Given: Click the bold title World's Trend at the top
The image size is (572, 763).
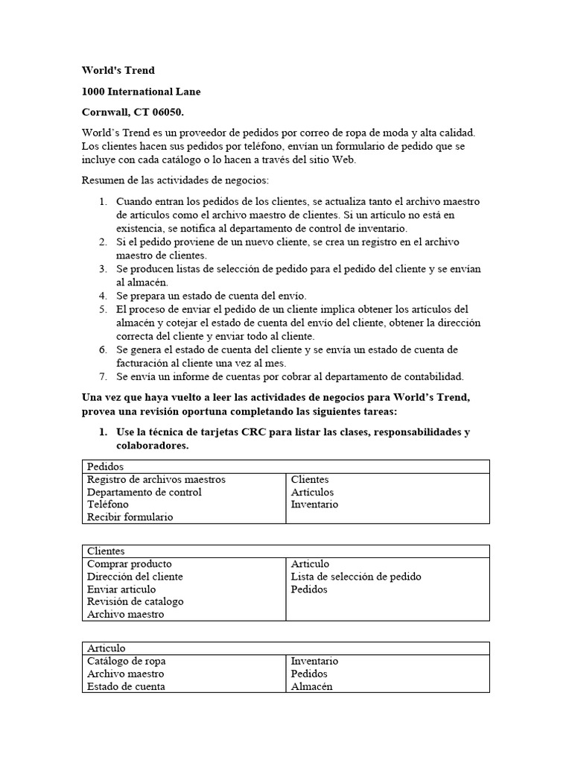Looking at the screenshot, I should pos(118,71).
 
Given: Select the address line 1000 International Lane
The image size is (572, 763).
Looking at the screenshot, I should pos(141,92).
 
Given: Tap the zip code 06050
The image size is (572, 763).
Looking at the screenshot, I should pos(165,113).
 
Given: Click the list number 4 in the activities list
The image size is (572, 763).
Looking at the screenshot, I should pos(104,296).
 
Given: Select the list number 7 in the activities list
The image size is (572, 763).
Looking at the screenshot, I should pos(104,376).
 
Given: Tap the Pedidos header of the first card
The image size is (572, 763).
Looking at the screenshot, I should pos(106,466).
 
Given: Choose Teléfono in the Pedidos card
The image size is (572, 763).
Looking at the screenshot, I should pos(108,504).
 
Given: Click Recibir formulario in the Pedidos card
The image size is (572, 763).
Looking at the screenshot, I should pos(130,517).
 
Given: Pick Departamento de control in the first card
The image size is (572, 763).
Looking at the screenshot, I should pos(144,492).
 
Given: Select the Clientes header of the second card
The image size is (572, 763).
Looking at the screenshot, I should pos(106,551).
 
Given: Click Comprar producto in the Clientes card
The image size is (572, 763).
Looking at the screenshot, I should pos(130,564).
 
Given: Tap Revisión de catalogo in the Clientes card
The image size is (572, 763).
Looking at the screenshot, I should pos(136,601).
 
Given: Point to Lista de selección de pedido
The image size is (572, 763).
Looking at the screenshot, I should pos(356,577).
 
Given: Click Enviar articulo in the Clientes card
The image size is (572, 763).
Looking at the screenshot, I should pos(122,589).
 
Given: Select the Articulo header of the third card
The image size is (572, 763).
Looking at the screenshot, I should pos(106,648).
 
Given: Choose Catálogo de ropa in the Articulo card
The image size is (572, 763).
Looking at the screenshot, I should pos(127,661).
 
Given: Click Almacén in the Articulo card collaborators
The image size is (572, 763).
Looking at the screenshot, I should pos(312,686).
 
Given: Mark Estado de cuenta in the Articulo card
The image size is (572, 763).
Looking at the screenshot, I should pos(127,686).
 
